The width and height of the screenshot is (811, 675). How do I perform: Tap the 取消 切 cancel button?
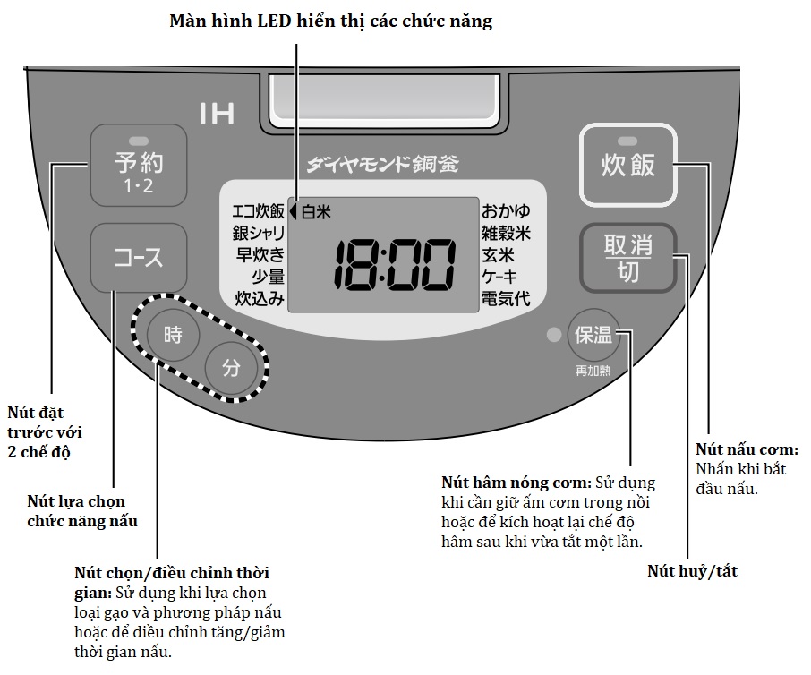pos(628,258)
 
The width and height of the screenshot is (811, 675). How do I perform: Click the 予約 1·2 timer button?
pos(139,166)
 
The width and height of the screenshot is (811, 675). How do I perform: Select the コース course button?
pos(139,258)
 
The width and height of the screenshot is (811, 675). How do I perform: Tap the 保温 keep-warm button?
pos(594,336)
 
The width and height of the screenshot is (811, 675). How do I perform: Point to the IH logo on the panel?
pos(217,114)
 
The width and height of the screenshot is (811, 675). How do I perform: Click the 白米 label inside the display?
pos(316,212)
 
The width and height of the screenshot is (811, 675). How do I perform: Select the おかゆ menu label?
pos(506,212)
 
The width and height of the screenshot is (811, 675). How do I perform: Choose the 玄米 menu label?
pos(499,255)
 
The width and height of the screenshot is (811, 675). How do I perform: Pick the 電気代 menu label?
pos(506,298)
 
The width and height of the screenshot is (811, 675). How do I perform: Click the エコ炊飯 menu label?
pos(258,212)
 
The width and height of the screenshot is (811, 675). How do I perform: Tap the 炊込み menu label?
pos(260,298)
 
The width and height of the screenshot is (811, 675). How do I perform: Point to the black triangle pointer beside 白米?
pos(293,212)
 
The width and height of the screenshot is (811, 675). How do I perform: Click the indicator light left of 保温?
pos(554,336)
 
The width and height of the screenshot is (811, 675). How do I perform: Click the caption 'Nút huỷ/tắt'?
pos(692,570)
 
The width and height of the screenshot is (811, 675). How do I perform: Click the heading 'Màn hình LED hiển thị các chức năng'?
pos(331,21)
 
